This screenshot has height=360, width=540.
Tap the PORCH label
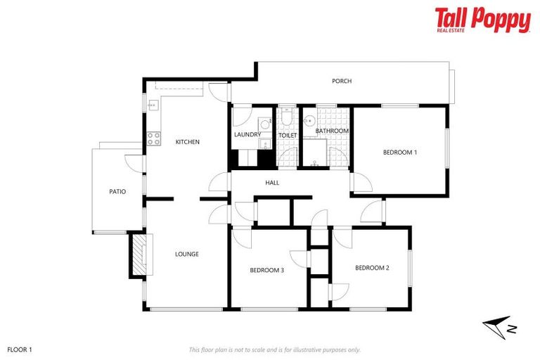(x=342, y=81)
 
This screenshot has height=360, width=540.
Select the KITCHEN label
(x=187, y=142)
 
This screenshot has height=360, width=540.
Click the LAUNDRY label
(x=247, y=134)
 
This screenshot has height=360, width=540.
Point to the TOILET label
(x=288, y=135)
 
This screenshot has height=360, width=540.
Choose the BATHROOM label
(x=332, y=131)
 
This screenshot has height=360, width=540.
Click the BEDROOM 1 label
(x=400, y=152)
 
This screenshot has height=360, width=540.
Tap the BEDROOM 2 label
(x=372, y=267)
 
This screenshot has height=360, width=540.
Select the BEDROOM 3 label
(x=266, y=269)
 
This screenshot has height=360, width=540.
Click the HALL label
(x=272, y=183)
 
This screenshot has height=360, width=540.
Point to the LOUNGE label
(x=187, y=254)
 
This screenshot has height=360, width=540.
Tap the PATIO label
(x=117, y=191)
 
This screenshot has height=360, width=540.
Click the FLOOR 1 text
(x=20, y=349)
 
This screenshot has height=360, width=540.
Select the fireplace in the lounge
(x=139, y=254)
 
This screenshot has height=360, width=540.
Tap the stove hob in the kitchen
(x=151, y=138)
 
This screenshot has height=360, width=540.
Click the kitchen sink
(x=152, y=105)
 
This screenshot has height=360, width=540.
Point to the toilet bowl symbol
(x=288, y=120)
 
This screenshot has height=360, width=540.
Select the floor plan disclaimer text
(x=275, y=349)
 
